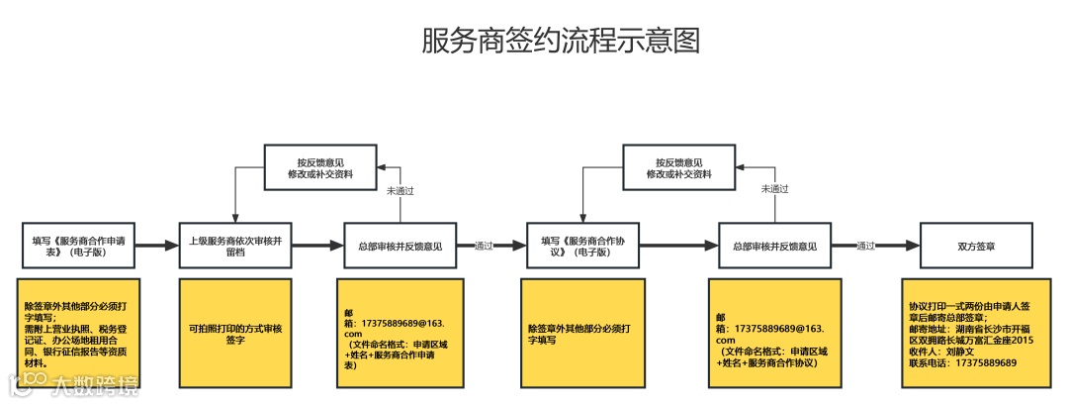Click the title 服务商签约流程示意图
pyautogui.click(x=561, y=41)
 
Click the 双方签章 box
pyautogui.click(x=976, y=246)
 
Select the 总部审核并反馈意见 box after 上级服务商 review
pyautogui.click(x=400, y=246)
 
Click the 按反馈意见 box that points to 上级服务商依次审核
pyautogui.click(x=319, y=166)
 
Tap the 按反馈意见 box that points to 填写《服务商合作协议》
pyautogui.click(x=678, y=166)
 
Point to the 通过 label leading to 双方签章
pyautogui.click(x=865, y=246)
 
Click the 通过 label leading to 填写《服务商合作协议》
pyautogui.click(x=484, y=246)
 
